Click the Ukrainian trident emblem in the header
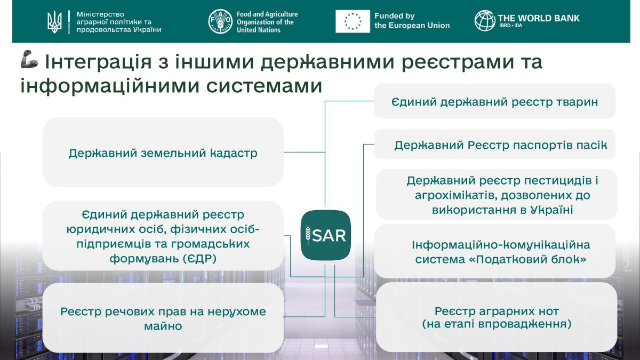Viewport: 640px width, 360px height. (x=54, y=21)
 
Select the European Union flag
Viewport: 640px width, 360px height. (x=353, y=21)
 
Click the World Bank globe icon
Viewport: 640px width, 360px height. (x=485, y=21)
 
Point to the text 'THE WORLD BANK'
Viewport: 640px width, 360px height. (x=538, y=18)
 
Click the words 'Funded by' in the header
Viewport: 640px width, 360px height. (x=394, y=16)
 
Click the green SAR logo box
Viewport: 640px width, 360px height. (x=326, y=235)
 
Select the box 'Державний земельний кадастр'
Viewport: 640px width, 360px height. (x=163, y=153)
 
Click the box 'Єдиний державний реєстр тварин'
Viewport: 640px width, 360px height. (x=494, y=101)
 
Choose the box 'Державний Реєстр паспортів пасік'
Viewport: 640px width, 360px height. (x=494, y=145)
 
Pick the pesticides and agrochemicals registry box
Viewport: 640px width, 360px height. (x=496, y=195)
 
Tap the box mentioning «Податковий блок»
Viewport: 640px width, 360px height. (x=496, y=252)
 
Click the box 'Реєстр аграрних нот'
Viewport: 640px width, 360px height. (x=496, y=317)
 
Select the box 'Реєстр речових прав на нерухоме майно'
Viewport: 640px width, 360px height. (x=163, y=318)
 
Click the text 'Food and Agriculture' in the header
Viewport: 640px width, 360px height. (x=267, y=14)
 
